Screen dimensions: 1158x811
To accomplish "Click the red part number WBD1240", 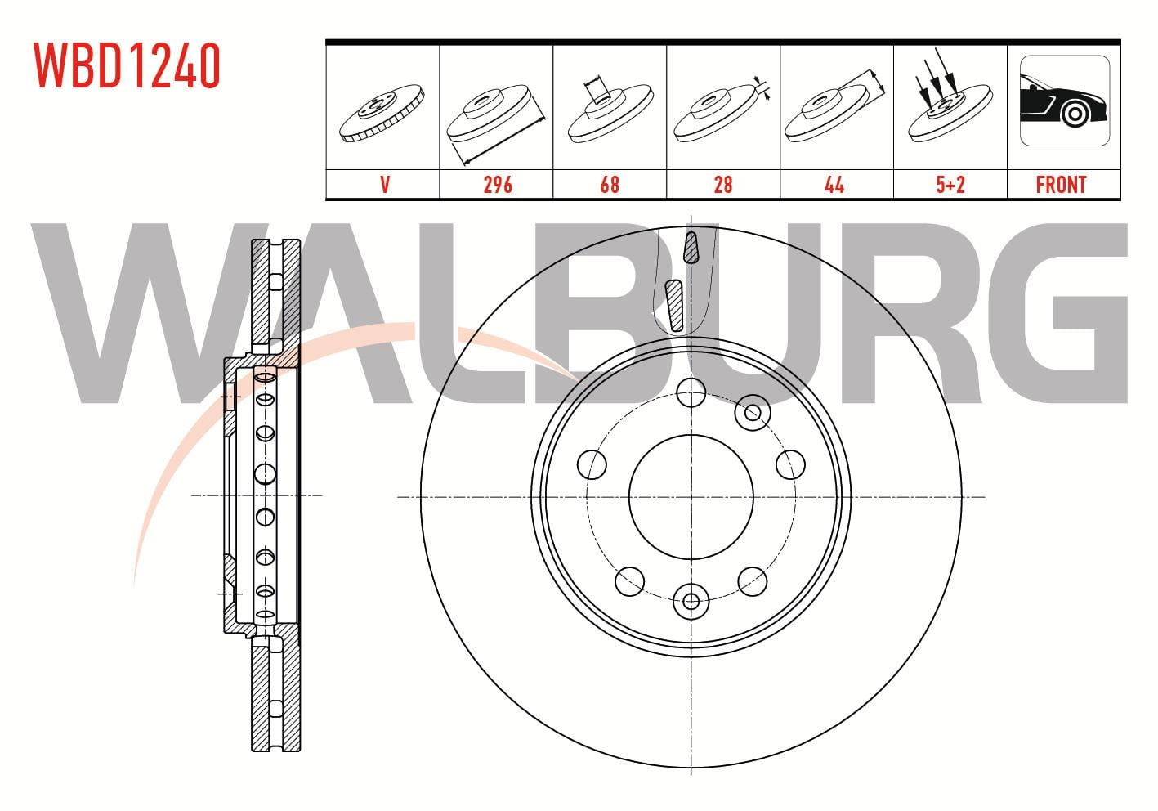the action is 127,65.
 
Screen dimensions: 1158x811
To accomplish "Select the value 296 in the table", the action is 498,185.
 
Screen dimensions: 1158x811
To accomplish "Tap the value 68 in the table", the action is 610,185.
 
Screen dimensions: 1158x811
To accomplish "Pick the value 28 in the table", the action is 722,185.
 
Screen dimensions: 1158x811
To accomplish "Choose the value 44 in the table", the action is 834,185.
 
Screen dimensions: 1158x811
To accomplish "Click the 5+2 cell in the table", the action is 950,185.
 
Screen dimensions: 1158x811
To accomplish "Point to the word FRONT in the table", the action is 1061,185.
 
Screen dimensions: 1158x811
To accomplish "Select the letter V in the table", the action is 385,185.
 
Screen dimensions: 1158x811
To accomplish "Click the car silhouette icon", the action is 1064,101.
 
